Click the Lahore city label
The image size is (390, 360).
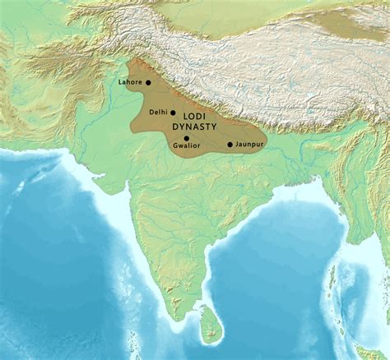pyautogui.click(x=130, y=82)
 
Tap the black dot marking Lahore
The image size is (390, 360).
pyautogui.click(x=148, y=82)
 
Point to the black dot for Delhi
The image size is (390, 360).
pyautogui.click(x=173, y=112)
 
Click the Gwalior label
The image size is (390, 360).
pyautogui.click(x=185, y=145)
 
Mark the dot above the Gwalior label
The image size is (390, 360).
pyautogui.click(x=186, y=137)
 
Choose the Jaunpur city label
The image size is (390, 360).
pyautogui.click(x=248, y=145)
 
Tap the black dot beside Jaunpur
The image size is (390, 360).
pyautogui.click(x=230, y=145)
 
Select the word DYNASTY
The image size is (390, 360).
pyautogui.click(x=194, y=128)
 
